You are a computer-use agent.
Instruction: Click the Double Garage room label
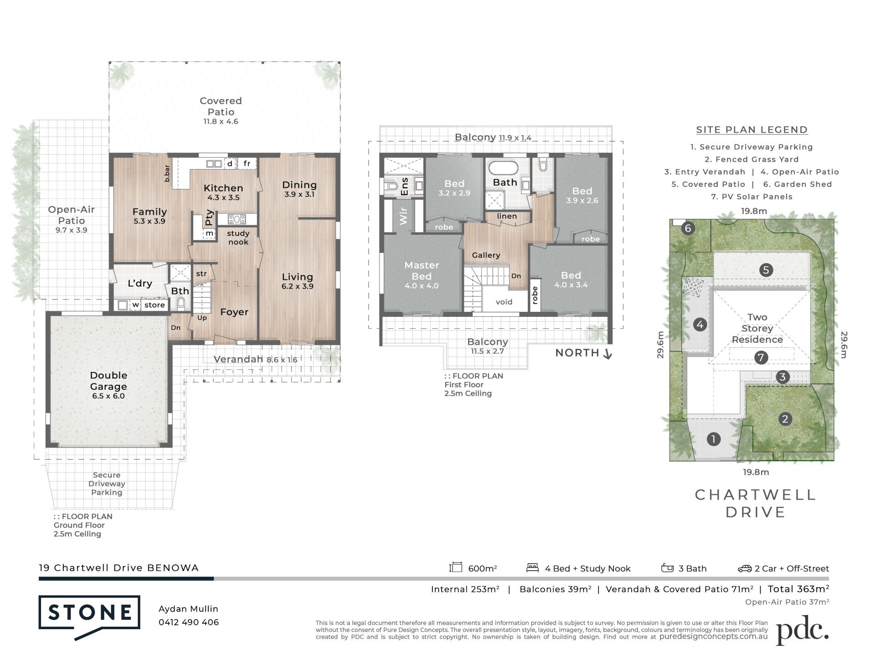[108, 380]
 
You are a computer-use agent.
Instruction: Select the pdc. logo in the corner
[802, 630]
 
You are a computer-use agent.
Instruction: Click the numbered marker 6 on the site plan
[688, 228]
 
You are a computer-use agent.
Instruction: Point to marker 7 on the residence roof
[761, 357]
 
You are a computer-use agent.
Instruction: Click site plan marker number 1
[713, 439]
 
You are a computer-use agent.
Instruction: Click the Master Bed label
[422, 270]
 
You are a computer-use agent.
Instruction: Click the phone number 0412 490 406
[189, 622]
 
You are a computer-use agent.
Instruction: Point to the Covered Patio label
[221, 106]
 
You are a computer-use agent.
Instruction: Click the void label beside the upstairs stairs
[504, 302]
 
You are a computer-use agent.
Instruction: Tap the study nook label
[238, 238]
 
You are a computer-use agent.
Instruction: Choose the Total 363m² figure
[798, 589]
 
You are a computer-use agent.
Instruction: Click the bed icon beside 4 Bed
[532, 568]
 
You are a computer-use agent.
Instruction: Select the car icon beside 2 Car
[745, 568]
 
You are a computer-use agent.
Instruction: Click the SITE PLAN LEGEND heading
[752, 130]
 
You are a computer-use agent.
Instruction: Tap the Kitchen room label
[223, 188]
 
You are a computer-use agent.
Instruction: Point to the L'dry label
[139, 283]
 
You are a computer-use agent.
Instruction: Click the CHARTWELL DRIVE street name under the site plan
[755, 503]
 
